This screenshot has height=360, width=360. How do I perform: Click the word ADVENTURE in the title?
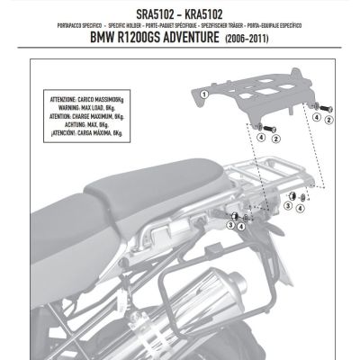pos(221,40)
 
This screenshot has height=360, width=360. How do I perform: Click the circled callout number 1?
pos(204,93)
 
